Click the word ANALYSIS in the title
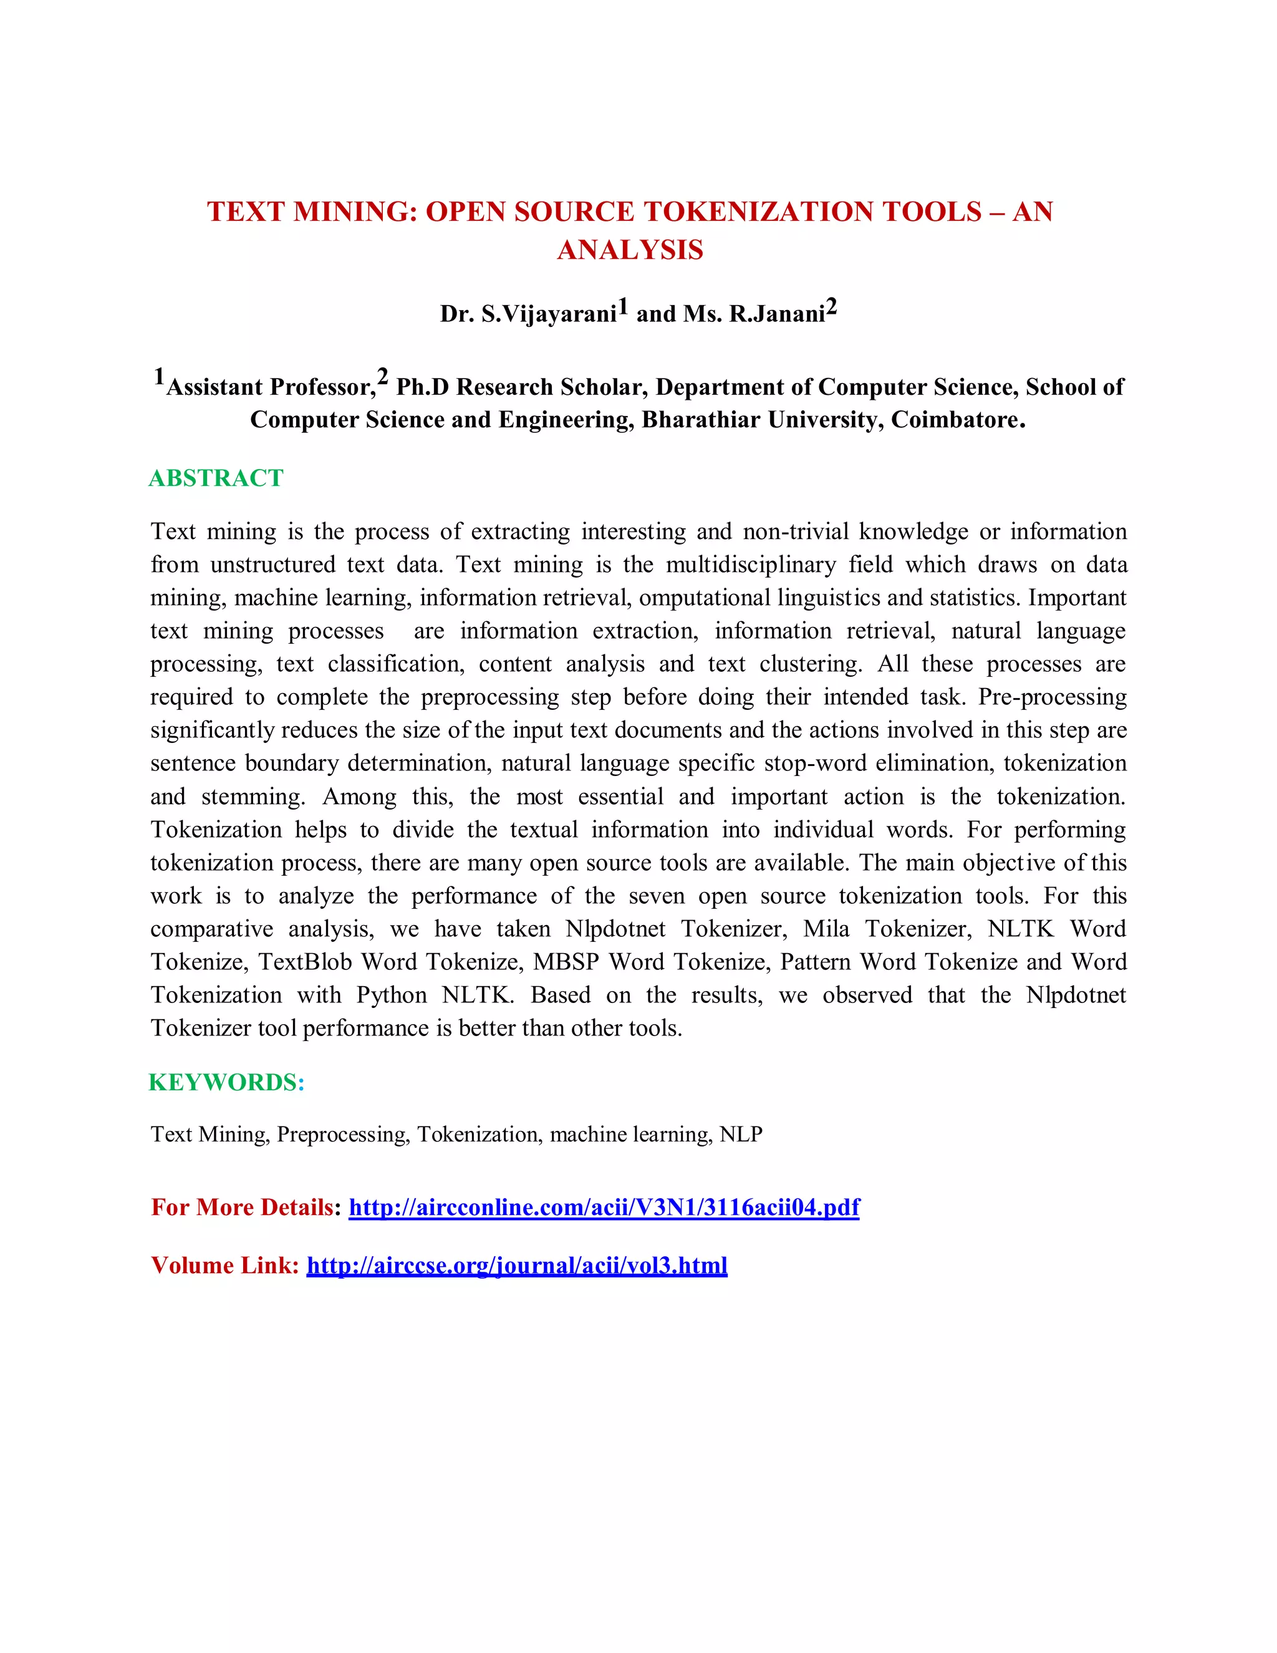tap(630, 250)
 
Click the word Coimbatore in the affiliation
tap(957, 419)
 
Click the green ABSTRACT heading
tap(216, 478)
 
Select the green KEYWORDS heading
tap(226, 1082)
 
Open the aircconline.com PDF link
tap(604, 1206)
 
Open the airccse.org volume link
tap(517, 1266)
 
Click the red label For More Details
tap(242, 1206)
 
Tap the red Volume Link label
tap(224, 1266)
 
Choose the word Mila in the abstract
tap(826, 929)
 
